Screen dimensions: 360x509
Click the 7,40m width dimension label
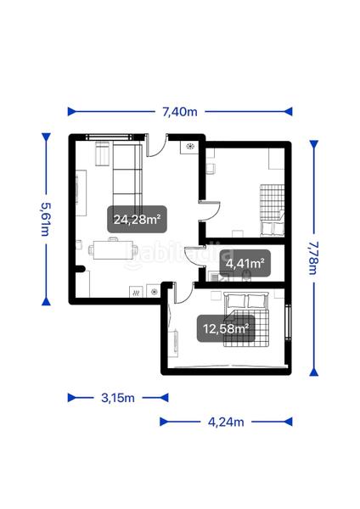click(180, 112)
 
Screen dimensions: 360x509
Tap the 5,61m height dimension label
click(46, 220)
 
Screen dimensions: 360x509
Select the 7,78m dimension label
click(313, 258)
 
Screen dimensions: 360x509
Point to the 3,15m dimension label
click(118, 398)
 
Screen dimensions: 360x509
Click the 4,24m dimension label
click(226, 422)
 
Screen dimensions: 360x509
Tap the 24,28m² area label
click(137, 220)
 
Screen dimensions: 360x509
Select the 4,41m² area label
click(245, 263)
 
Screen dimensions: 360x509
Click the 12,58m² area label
click(226, 328)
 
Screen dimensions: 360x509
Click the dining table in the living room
click(113, 249)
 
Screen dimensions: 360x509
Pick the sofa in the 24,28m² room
click(127, 176)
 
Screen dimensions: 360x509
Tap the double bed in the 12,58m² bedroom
click(246, 319)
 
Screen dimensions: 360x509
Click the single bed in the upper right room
click(273, 210)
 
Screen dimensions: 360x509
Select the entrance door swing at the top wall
click(156, 146)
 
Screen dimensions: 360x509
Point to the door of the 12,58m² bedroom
click(183, 293)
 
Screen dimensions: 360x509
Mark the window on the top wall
click(115, 137)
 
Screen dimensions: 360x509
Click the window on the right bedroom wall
click(288, 322)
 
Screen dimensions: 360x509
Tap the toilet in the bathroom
click(247, 275)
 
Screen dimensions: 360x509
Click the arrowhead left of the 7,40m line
click(71, 112)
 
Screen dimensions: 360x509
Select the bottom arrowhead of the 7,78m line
click(313, 372)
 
